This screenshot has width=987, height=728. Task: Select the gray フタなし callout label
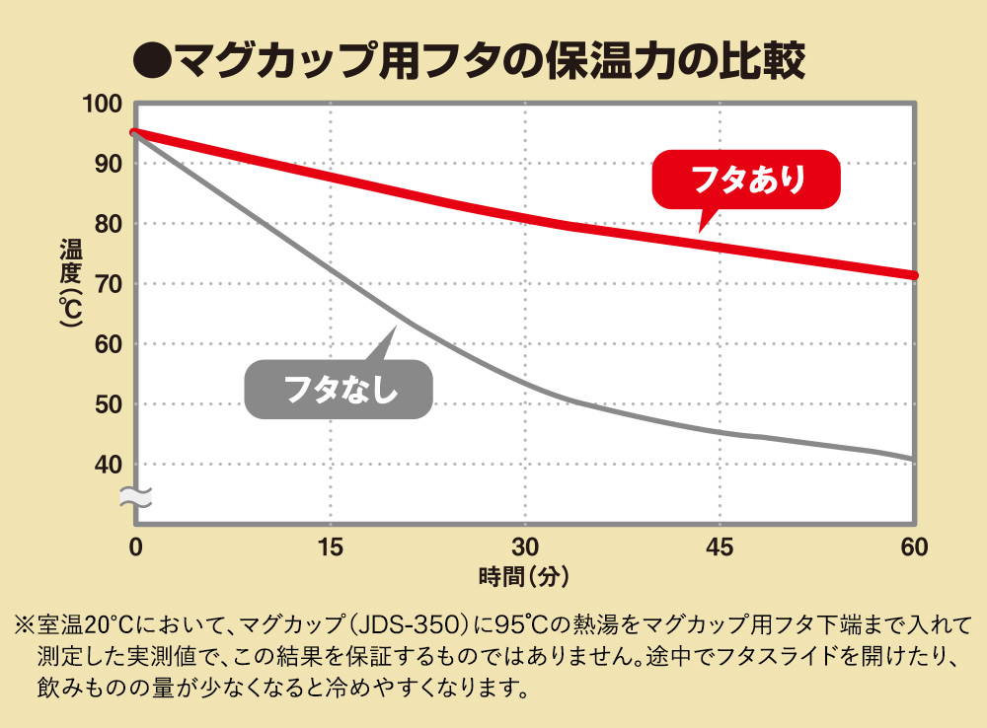click(x=340, y=389)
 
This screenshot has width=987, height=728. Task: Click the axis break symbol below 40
click(x=135, y=496)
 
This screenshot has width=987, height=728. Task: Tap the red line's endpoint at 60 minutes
click(x=914, y=275)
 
